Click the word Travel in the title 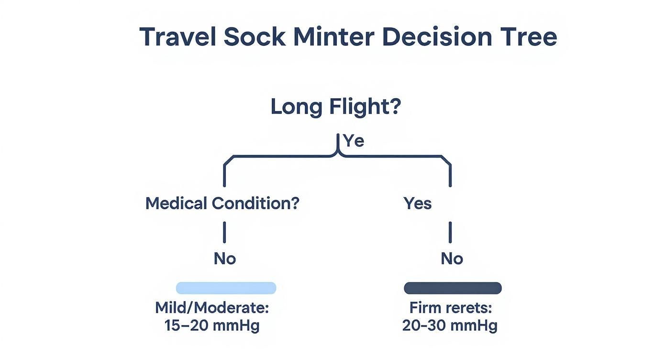[x=178, y=37]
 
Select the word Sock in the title [x=255, y=37]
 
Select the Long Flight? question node [x=335, y=107]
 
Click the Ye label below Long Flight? [x=354, y=141]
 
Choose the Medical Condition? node [x=222, y=203]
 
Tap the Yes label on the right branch [x=418, y=203]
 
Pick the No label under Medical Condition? [x=225, y=259]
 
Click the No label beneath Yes [x=452, y=259]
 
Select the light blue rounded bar [x=226, y=288]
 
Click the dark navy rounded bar [x=453, y=288]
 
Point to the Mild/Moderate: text [x=212, y=307]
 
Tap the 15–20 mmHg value [x=212, y=326]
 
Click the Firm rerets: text [x=451, y=307]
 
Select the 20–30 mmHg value [x=450, y=326]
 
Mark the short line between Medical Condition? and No [x=224, y=232]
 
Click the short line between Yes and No [x=450, y=232]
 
